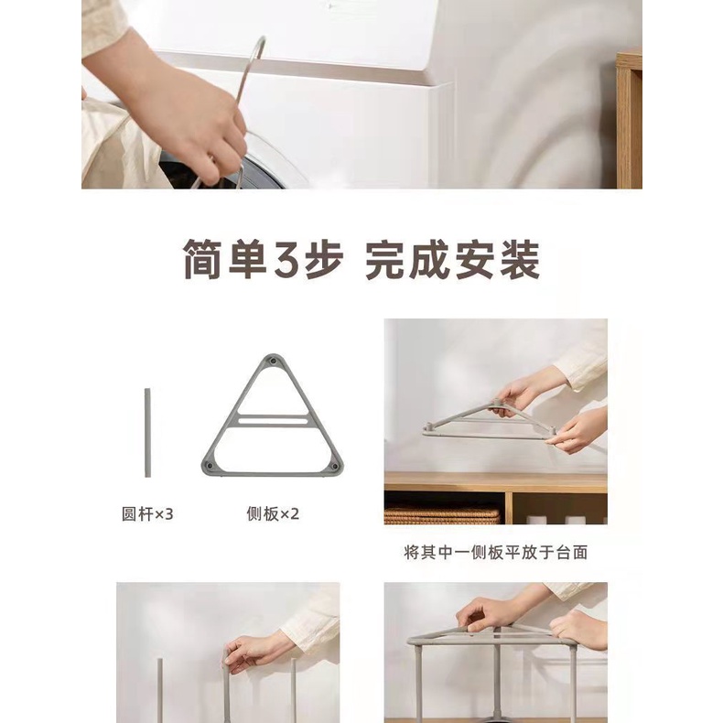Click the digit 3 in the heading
(x=288, y=259)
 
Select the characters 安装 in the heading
(x=497, y=260)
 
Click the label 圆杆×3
(x=147, y=513)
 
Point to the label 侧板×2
(x=273, y=513)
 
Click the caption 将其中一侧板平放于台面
(x=496, y=552)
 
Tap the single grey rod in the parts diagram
(x=147, y=433)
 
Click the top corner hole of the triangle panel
(x=274, y=362)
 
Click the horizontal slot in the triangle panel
(x=273, y=420)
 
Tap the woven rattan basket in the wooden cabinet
(x=442, y=516)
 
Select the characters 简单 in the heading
(x=225, y=260)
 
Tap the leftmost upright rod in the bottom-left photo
(x=160, y=691)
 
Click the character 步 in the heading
(x=324, y=260)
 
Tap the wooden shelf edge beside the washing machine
(x=629, y=120)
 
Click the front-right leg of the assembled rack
(x=572, y=683)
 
